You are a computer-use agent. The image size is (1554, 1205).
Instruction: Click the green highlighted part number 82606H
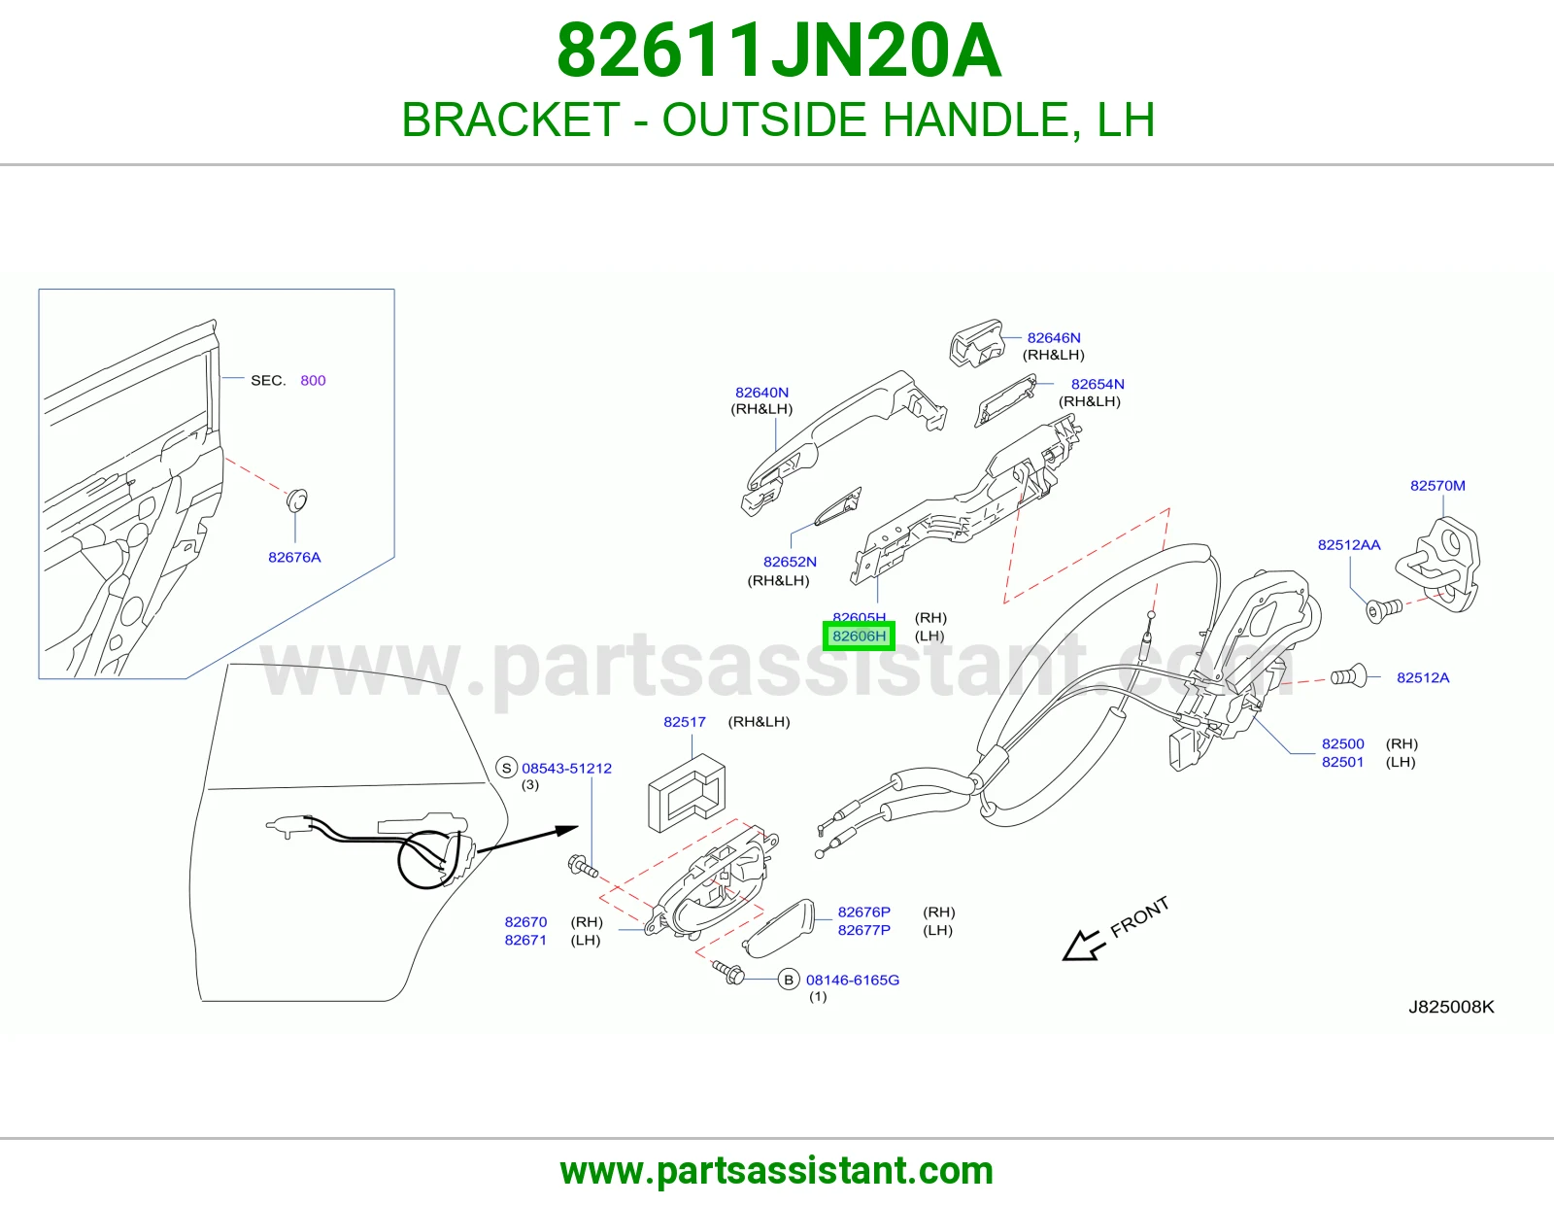click(859, 636)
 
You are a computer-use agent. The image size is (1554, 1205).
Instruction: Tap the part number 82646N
click(1054, 338)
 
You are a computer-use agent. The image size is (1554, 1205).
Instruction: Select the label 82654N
click(1097, 384)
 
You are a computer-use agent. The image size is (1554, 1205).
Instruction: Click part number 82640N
click(761, 393)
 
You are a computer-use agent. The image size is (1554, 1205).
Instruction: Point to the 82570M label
click(1437, 485)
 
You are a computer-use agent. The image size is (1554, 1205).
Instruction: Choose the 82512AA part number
click(1349, 544)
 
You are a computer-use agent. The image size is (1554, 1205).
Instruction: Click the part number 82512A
click(1423, 677)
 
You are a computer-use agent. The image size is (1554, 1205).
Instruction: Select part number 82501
click(1342, 762)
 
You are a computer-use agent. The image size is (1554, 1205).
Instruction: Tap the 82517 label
click(685, 722)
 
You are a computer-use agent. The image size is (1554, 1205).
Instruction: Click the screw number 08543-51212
click(566, 768)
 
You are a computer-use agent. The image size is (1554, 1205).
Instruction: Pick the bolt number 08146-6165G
click(853, 980)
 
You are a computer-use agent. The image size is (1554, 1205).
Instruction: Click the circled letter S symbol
click(506, 768)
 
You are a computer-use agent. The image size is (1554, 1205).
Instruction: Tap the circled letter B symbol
click(788, 980)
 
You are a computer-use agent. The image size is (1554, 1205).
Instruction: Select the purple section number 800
click(313, 380)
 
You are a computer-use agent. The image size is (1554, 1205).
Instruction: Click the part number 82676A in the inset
click(294, 557)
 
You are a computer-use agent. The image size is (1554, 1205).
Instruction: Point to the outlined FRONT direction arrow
click(1084, 945)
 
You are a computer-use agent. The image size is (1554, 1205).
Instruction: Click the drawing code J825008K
click(1451, 1007)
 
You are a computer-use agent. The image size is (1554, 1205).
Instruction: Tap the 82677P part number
click(863, 930)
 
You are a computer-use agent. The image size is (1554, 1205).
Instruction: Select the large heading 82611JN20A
click(779, 51)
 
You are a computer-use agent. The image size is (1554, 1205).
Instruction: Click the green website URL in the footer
click(777, 1171)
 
